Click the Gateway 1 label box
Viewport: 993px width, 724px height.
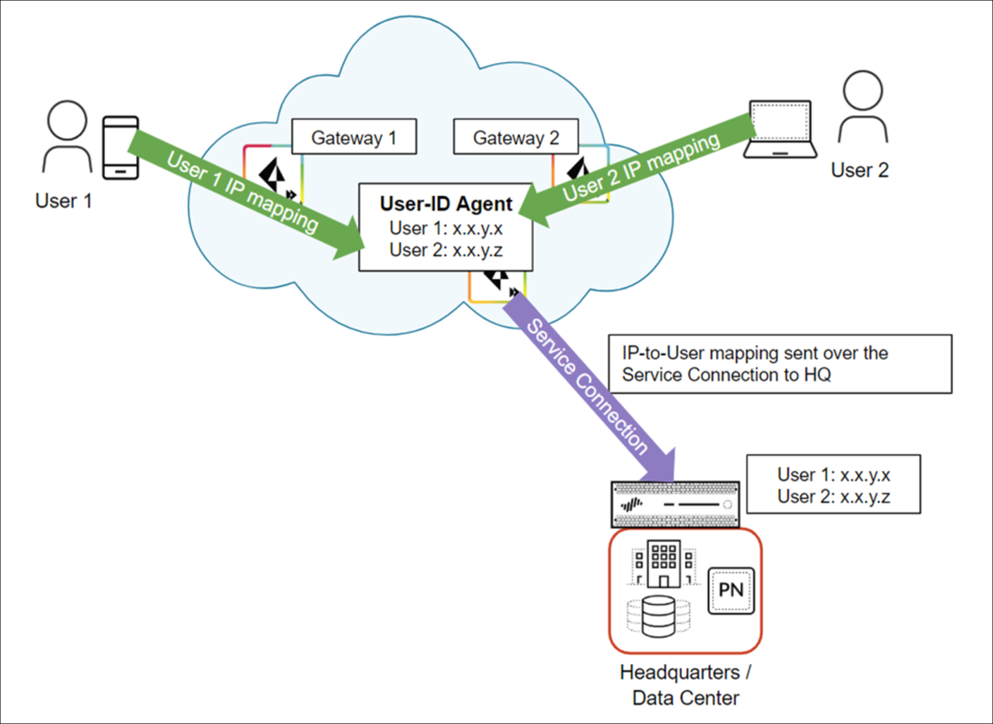point(354,137)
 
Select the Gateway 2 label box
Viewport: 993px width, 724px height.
point(516,137)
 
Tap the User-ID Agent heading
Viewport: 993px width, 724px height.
point(446,204)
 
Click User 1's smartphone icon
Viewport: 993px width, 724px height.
point(121,148)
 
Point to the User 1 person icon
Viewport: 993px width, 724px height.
point(67,137)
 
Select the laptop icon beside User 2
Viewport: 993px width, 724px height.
point(780,130)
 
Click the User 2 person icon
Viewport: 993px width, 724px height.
point(863,107)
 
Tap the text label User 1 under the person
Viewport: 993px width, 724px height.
point(63,201)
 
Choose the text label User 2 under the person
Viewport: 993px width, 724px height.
point(859,170)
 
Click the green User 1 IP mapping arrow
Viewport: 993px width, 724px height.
point(243,192)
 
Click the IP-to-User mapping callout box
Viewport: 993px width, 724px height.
point(779,364)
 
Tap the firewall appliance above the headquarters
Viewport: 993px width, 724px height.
point(675,504)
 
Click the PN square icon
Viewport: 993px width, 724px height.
point(731,590)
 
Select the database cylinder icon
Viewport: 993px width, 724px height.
point(658,616)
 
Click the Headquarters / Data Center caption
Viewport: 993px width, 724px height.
point(686,685)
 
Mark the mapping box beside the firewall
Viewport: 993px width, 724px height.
point(833,484)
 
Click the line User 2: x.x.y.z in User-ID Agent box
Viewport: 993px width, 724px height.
point(446,250)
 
